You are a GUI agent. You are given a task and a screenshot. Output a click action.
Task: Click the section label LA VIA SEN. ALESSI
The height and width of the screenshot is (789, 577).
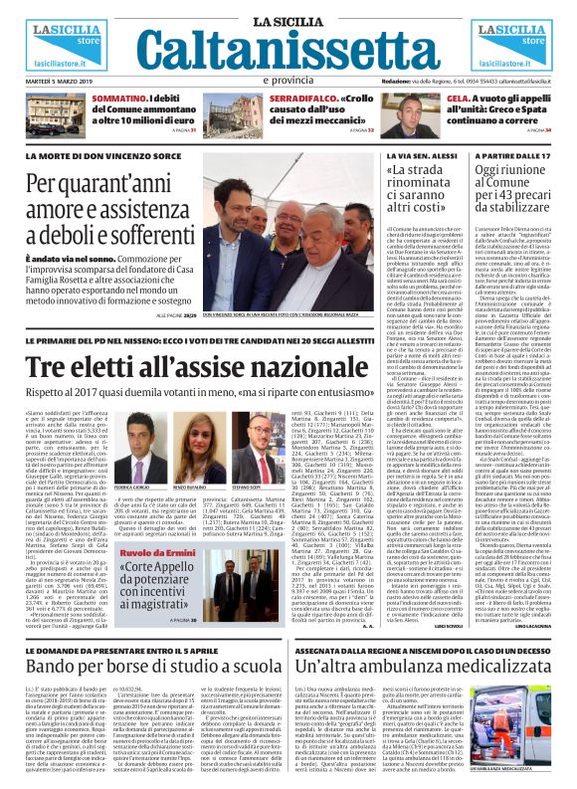pos(417,156)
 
